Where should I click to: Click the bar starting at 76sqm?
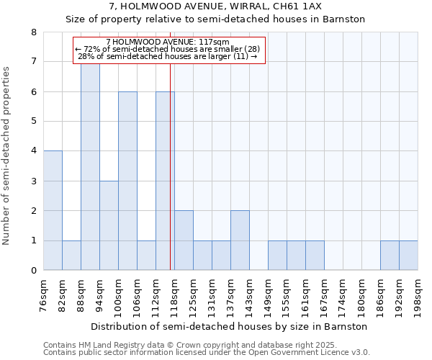point(53,210)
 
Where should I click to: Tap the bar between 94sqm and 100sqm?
point(109,225)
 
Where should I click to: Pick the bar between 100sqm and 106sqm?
point(127,181)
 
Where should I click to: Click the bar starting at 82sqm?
point(71,256)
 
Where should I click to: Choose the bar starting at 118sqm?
point(184,240)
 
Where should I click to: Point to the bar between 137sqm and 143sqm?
point(240,240)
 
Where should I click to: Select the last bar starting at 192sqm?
point(408,256)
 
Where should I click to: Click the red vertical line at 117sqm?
point(170,180)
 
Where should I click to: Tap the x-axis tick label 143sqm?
point(249,294)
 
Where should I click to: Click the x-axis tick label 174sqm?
point(343,294)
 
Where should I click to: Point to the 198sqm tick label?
point(418,294)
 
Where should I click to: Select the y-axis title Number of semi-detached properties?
point(7,156)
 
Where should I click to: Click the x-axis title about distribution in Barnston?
point(230,326)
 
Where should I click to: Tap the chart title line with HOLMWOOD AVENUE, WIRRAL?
point(216,6)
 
